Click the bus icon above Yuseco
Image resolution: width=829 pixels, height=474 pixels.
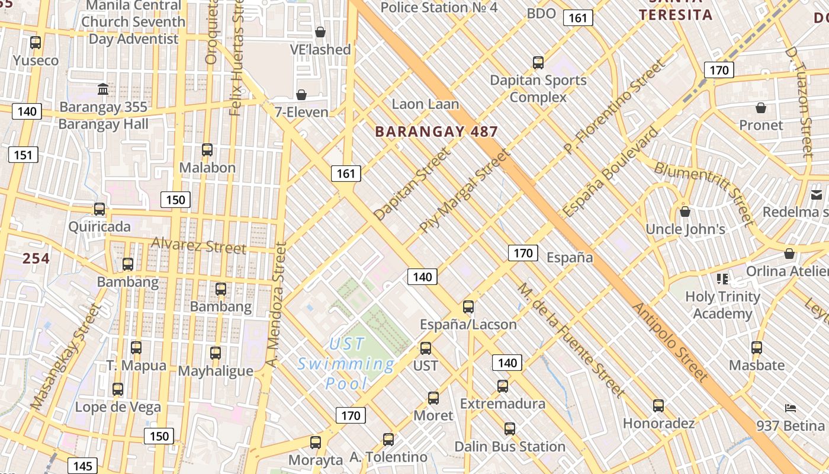36,43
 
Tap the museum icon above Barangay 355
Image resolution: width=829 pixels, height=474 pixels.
103,89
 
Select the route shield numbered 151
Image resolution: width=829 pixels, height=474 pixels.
23,155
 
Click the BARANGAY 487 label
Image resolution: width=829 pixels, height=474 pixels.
436,132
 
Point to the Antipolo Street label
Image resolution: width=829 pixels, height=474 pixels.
670,342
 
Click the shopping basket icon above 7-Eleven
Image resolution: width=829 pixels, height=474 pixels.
301,95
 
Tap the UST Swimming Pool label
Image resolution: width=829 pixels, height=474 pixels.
347,363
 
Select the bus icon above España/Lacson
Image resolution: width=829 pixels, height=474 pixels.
468,307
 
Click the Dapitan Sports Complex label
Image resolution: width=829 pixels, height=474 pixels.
538,88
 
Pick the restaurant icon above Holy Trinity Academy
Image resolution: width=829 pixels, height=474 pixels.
722,278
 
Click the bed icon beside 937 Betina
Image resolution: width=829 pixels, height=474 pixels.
790,408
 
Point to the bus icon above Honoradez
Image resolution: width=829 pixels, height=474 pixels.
658,406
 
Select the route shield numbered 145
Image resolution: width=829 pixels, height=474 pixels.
83,466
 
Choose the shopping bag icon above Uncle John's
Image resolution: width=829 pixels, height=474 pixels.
685,212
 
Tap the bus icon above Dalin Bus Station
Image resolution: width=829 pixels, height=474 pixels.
510,428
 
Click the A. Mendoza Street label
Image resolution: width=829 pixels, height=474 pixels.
275,305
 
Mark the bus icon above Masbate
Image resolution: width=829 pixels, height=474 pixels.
757,348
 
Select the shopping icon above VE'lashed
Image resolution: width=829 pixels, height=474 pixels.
320,32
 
